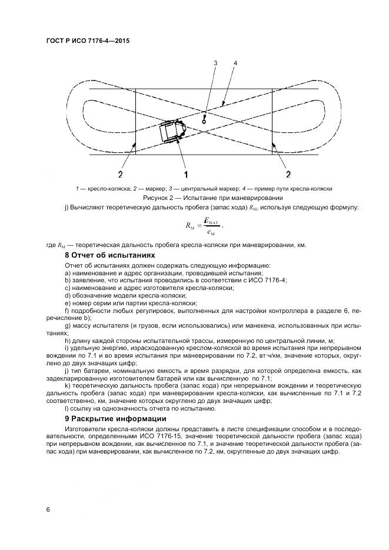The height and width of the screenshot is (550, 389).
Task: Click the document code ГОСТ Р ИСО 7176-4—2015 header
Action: tap(87, 42)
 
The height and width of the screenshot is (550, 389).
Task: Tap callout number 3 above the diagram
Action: tap(215, 63)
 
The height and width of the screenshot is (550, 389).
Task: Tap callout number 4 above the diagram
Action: tap(235, 63)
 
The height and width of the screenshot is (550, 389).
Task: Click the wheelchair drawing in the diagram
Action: tap(172, 131)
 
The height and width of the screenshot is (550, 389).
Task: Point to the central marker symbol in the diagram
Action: tap(204, 117)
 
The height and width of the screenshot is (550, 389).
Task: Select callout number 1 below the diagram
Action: tap(185, 174)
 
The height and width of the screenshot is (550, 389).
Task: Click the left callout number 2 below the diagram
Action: tap(120, 174)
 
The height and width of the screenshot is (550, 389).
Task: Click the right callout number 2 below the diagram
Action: tap(288, 174)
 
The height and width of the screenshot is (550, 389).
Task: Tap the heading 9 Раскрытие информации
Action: tap(116, 419)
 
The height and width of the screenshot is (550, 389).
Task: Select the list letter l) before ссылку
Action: tap(67, 409)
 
